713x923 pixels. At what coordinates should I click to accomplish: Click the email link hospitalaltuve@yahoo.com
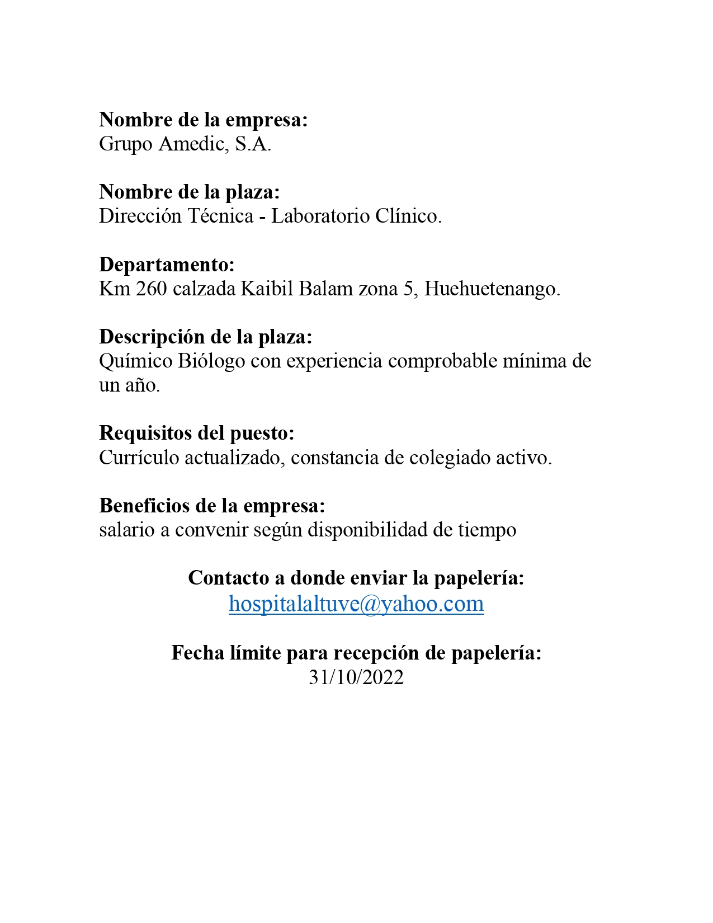click(x=356, y=604)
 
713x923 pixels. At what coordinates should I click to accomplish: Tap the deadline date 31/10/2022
click(x=356, y=677)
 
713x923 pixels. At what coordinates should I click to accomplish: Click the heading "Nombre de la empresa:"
click(x=204, y=120)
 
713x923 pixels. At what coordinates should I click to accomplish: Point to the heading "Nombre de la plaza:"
click(x=190, y=192)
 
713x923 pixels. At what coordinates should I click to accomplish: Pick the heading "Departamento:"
click(x=167, y=264)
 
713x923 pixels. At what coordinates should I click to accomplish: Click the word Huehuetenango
click(x=492, y=289)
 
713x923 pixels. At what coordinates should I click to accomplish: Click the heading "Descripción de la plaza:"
click(x=206, y=337)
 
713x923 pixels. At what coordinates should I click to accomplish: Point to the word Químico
click(x=136, y=361)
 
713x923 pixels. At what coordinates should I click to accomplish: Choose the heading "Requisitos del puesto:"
click(x=197, y=433)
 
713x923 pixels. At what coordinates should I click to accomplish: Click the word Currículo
click(x=139, y=458)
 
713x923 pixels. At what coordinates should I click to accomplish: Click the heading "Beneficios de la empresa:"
click(x=212, y=506)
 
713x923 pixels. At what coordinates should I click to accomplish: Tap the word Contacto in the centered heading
click(x=229, y=578)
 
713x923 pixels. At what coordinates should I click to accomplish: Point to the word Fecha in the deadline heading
click(x=198, y=653)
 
